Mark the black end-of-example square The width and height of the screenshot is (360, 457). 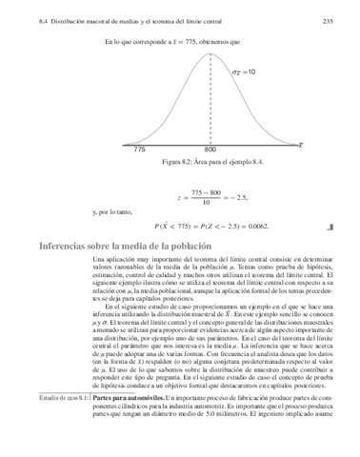(329, 227)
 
